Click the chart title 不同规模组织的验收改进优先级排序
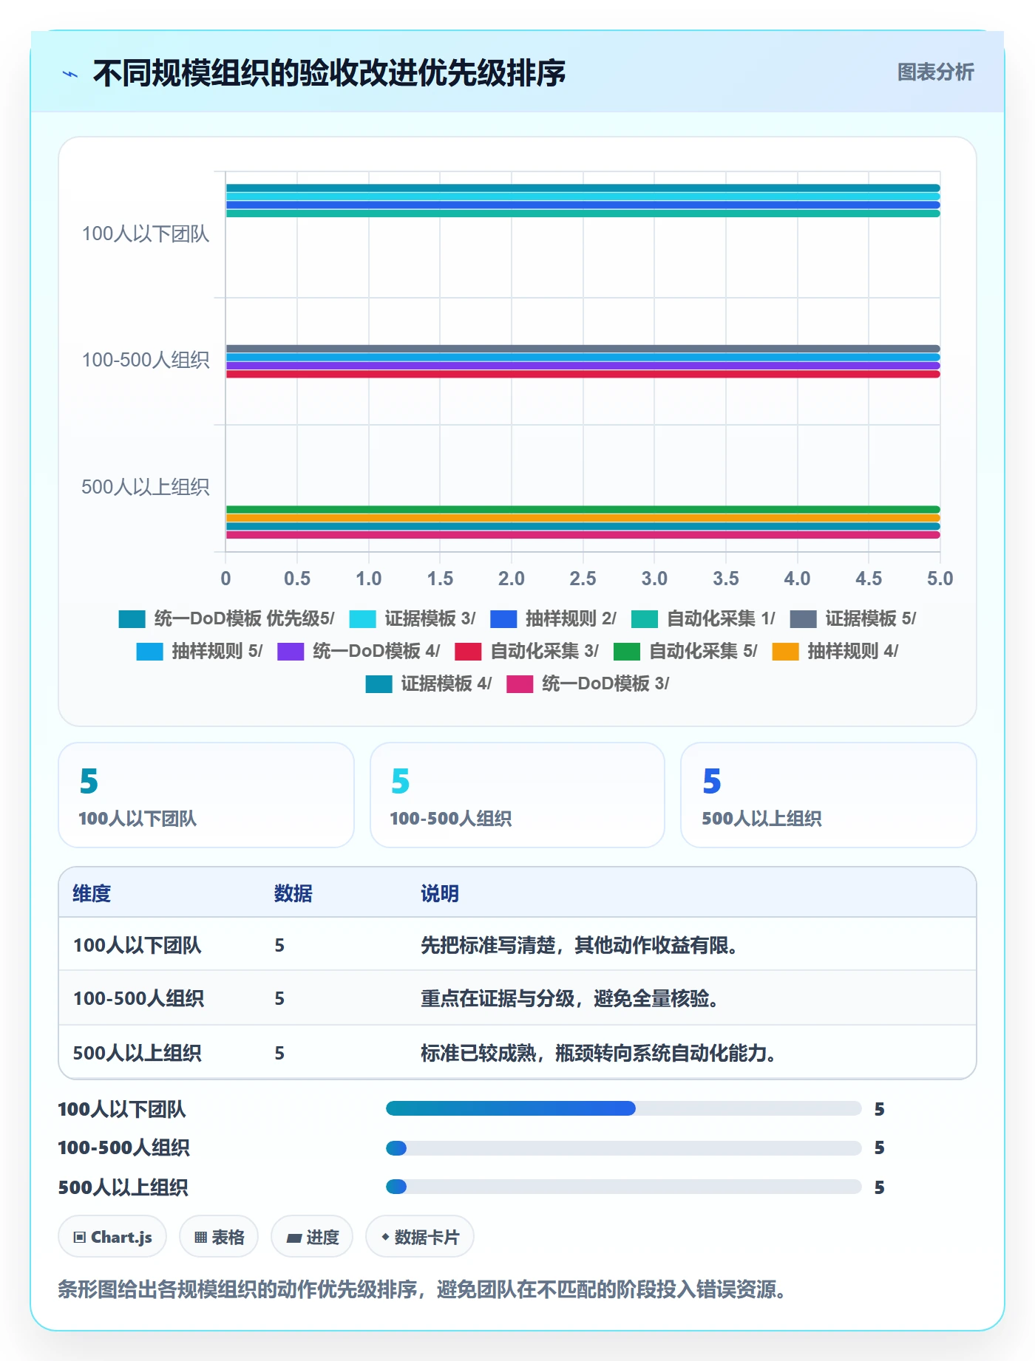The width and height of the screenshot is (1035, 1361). coord(329,73)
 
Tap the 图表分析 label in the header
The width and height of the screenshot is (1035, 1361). coord(935,72)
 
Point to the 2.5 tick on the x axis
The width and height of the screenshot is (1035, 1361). coord(583,579)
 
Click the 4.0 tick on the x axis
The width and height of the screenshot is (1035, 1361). coord(797,579)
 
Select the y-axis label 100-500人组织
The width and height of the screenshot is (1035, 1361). coord(146,360)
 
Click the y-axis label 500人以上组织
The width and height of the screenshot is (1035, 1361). coord(146,487)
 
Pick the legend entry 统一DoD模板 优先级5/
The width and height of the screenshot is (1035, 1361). coord(227,618)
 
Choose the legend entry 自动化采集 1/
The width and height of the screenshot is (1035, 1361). coord(703,618)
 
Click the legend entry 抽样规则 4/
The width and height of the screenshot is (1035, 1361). coord(835,651)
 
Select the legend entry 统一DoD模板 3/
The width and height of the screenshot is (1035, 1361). coord(588,683)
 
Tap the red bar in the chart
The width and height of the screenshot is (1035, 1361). coord(583,374)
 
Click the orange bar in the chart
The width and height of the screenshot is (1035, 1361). coord(583,518)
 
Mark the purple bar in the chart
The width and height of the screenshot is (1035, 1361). coord(583,366)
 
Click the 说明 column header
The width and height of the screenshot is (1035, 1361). coord(440,893)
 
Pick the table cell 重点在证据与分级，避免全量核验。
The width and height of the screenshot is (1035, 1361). coord(569,998)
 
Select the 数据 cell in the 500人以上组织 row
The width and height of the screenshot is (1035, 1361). coord(279,1053)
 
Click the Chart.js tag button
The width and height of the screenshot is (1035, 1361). coord(112,1237)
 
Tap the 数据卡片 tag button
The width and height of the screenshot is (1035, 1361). coord(420,1237)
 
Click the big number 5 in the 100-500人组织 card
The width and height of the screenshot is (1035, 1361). coord(400,781)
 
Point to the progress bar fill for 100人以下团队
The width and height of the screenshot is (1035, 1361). coord(511,1108)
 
